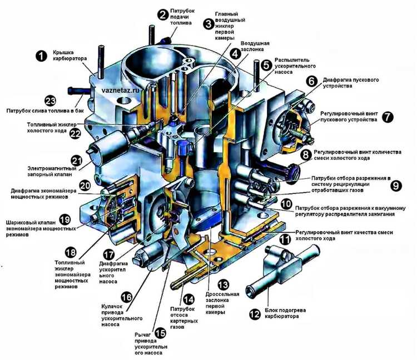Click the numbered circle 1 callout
(x=41, y=56)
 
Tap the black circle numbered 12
(x=255, y=314)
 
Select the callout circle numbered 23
(x=50, y=101)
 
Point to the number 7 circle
(x=388, y=117)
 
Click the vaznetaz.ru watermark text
(x=121, y=90)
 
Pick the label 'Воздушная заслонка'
(x=255, y=46)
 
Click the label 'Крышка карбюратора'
(x=69, y=55)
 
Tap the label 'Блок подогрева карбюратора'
(x=282, y=313)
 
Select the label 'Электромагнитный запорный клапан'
(x=52, y=171)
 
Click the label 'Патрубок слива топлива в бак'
(x=45, y=111)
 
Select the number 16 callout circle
(x=126, y=297)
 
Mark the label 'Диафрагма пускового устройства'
(x=351, y=83)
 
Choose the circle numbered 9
(x=396, y=185)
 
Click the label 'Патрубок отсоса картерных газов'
(x=184, y=318)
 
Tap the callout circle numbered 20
(x=85, y=185)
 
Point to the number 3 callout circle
(x=209, y=24)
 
